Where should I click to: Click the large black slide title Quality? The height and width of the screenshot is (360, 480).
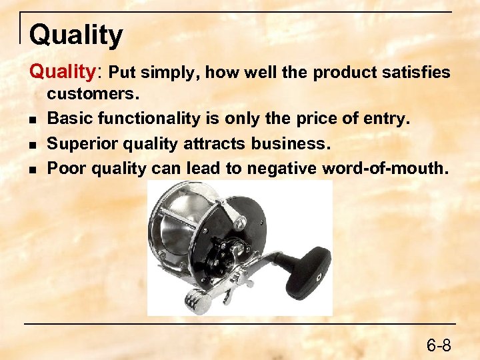click(76, 35)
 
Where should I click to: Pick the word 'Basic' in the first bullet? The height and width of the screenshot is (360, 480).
click(69, 119)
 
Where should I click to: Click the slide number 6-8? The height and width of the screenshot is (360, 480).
click(439, 345)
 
